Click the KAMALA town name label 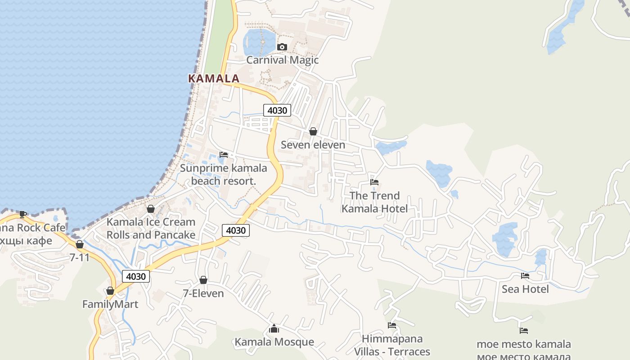coord(213,78)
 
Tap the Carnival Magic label coord(282,60)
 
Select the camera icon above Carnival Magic coord(282,47)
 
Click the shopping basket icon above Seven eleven coord(313,131)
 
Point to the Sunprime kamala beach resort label coord(224,175)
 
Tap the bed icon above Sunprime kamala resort coord(224,155)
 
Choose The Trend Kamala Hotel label coord(374,202)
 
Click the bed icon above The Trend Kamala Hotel coord(374,182)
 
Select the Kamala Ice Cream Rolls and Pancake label coord(151,228)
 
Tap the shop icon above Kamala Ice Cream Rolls coord(151,209)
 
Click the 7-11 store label coord(80,257)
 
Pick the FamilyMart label coord(110,304)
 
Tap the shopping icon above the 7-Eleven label coord(203,280)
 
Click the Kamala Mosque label coord(274,342)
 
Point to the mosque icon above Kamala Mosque coord(274,329)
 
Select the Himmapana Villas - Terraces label coord(392,345)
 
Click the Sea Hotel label coord(525,289)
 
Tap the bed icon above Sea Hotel coord(525,276)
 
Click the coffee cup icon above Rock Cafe coord(23,214)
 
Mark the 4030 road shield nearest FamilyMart coord(136,276)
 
